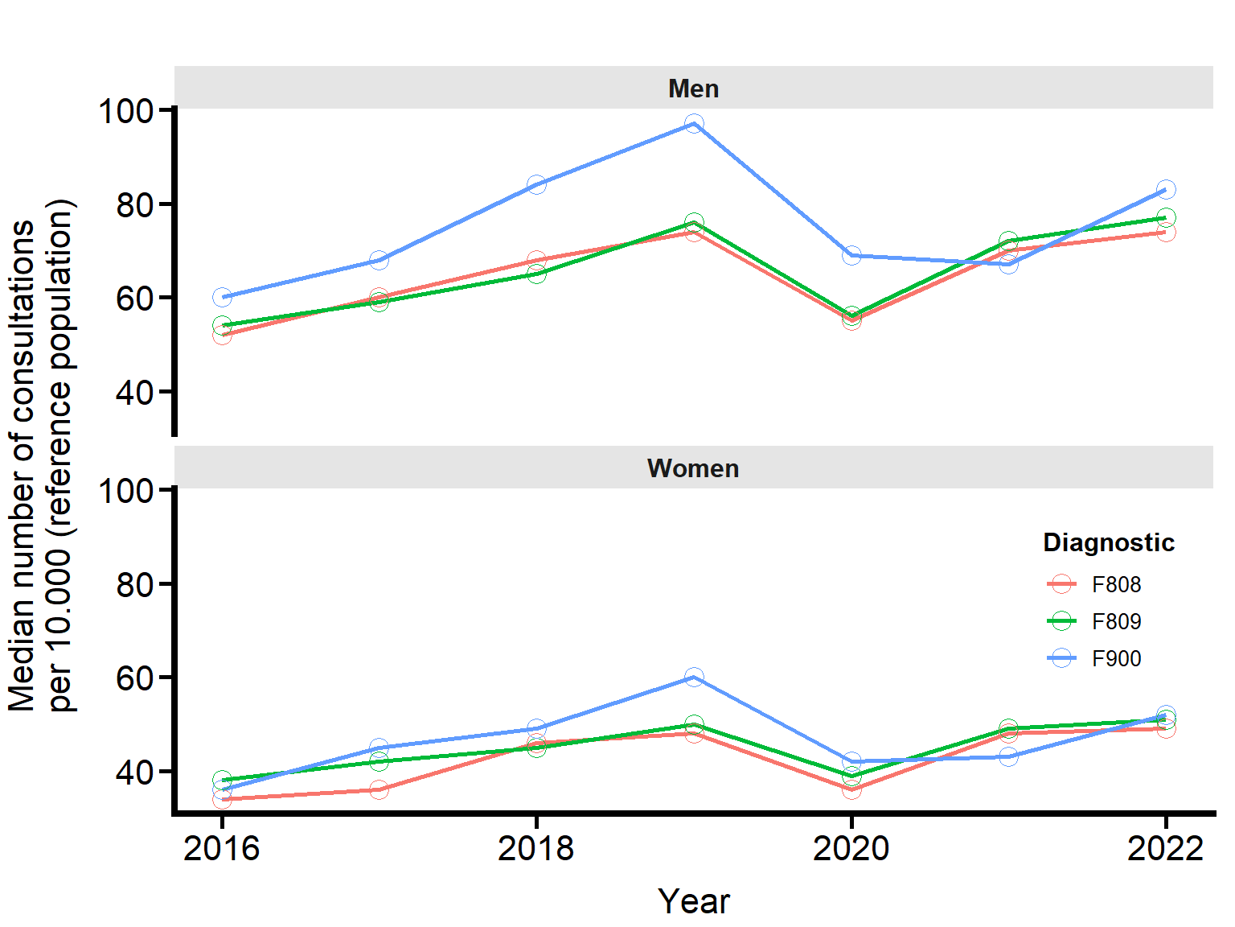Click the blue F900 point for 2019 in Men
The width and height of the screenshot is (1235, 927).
(x=694, y=123)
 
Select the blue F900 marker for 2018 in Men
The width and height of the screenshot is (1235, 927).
(x=537, y=184)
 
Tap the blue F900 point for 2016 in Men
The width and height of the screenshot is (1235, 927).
(x=222, y=297)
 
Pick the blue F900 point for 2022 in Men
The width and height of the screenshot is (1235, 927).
(x=1166, y=189)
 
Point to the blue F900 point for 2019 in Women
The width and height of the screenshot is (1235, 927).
(x=694, y=677)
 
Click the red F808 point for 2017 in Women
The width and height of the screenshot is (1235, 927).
(x=379, y=789)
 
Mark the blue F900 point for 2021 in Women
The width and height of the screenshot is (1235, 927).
(x=1008, y=756)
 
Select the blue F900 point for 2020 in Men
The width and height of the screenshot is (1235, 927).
(x=851, y=255)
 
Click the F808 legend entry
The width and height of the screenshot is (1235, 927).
(x=1115, y=584)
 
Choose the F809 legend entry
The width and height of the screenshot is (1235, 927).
(x=1115, y=621)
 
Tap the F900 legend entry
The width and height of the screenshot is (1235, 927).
(x=1115, y=658)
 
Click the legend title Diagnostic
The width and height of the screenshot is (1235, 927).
(x=1108, y=542)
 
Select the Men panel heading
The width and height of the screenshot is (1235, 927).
(x=693, y=88)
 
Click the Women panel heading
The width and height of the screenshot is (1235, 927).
(x=693, y=468)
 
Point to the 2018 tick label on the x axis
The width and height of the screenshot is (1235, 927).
(x=536, y=848)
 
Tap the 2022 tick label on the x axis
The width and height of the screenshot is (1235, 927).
(x=1165, y=848)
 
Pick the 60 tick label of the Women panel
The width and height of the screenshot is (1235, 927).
(x=134, y=678)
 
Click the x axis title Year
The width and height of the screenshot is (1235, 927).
(x=693, y=901)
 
